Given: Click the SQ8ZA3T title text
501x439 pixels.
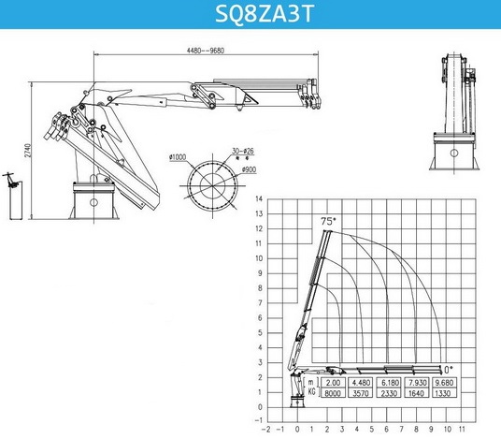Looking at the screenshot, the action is [265, 13].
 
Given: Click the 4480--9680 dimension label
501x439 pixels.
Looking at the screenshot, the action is [206, 51].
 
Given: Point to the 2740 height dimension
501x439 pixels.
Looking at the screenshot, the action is [28, 151].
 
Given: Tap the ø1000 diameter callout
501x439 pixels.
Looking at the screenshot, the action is [178, 157].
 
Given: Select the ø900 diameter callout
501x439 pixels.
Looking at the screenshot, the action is [249, 169].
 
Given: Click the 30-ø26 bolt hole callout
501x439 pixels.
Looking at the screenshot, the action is [243, 151].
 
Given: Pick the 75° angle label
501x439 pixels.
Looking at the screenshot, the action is [329, 221].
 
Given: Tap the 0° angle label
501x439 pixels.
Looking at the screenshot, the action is [449, 370].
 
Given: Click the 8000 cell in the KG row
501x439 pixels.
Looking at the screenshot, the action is [333, 393].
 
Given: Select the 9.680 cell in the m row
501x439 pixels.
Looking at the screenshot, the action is [444, 383].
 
